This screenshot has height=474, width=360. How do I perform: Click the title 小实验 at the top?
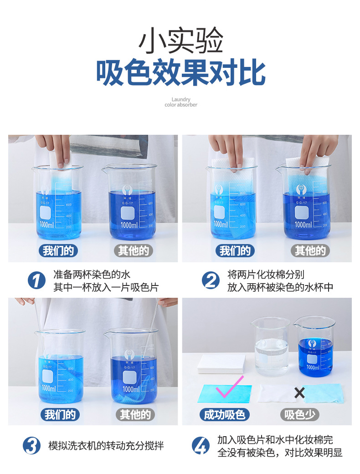click(180, 41)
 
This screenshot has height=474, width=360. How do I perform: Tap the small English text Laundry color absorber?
click(181, 102)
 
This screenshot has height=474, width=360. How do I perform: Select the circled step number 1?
click(36, 280)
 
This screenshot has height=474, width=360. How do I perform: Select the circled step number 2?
click(211, 280)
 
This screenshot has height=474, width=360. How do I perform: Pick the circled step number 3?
click(31, 445)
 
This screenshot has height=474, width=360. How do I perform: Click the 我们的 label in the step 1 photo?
click(57, 250)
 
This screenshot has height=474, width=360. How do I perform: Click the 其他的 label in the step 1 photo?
click(133, 250)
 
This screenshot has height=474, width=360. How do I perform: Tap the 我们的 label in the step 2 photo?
click(235, 250)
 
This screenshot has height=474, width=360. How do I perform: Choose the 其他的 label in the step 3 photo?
click(135, 414)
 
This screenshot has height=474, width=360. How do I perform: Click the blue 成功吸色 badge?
click(225, 414)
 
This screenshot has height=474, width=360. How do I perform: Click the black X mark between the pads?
click(299, 393)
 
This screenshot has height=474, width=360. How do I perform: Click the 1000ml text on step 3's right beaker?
click(131, 389)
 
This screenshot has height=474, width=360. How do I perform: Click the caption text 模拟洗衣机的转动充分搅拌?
click(106, 445)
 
